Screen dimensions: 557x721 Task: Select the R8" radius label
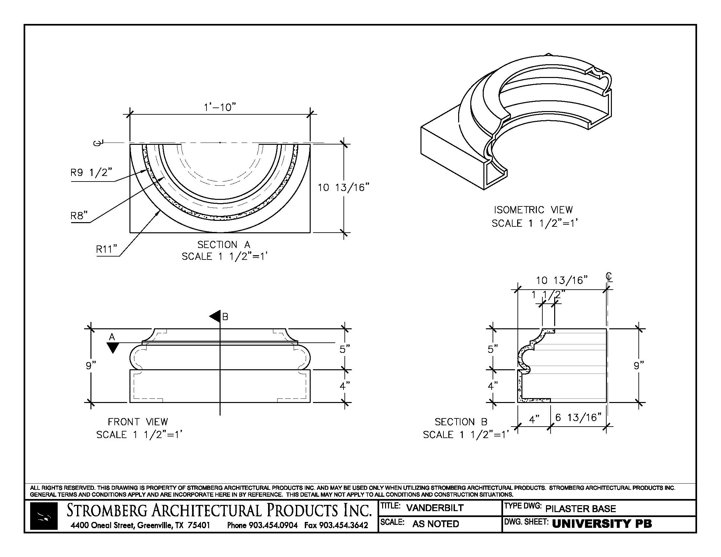(x=79, y=216)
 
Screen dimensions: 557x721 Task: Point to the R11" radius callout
(x=107, y=249)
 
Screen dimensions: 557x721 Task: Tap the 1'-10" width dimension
(x=220, y=107)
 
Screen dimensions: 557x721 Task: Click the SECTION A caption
(x=224, y=245)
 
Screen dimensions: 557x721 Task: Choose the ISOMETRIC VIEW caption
(x=533, y=210)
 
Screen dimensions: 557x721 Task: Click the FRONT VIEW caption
(x=138, y=422)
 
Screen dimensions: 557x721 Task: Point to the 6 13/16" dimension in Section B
(x=578, y=418)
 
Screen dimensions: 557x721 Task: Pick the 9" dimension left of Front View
(x=90, y=366)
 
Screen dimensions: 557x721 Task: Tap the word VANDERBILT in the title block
(x=435, y=508)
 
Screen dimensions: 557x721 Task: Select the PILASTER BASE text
(x=580, y=509)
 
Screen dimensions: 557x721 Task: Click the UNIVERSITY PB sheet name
(x=602, y=524)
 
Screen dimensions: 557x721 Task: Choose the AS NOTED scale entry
(x=436, y=524)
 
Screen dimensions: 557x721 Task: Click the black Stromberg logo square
(x=44, y=516)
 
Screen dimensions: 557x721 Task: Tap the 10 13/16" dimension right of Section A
(x=343, y=188)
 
